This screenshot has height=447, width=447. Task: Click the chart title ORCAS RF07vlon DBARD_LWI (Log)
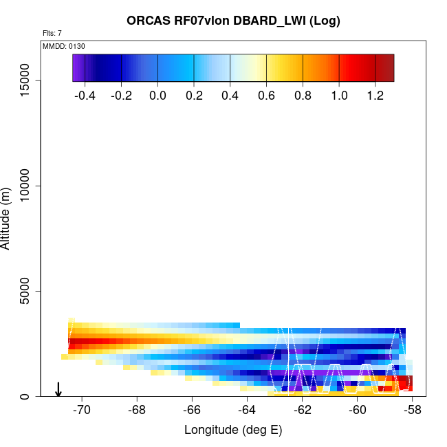pos(233,21)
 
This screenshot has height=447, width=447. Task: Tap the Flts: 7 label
pos(52,33)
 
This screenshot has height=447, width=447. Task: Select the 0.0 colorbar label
pos(157,96)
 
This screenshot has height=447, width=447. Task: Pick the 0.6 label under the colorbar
pos(266,96)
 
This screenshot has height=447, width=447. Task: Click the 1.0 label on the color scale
pos(339,96)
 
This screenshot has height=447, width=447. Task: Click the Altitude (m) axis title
pos(7,217)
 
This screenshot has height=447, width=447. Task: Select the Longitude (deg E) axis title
pos(233,430)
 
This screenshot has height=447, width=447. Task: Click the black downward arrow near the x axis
pos(58,389)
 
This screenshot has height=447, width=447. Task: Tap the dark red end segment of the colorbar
pos(384,67)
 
